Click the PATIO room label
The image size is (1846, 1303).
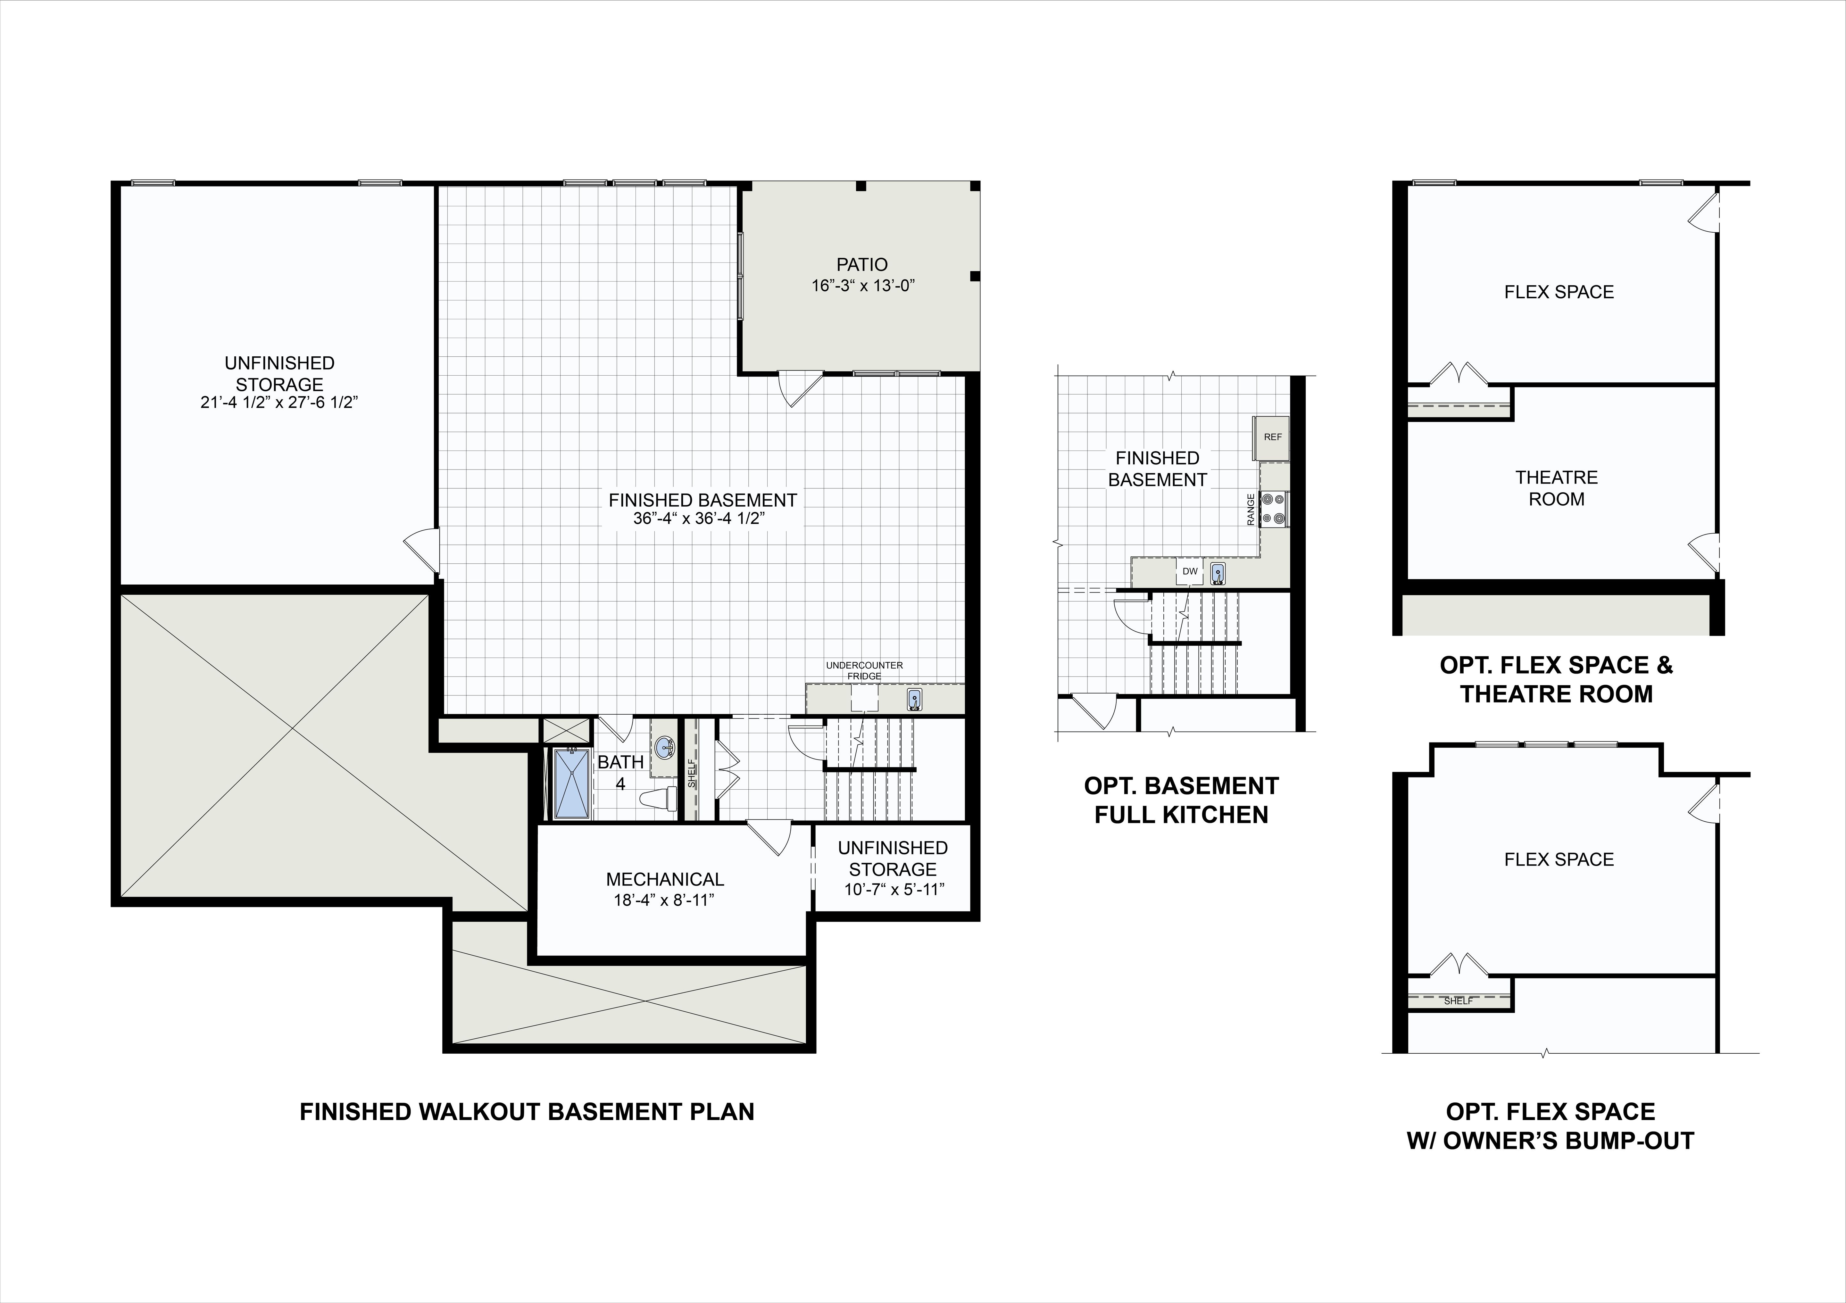click(x=862, y=264)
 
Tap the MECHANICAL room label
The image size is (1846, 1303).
click(x=665, y=879)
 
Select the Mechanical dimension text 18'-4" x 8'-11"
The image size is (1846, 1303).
click(x=664, y=900)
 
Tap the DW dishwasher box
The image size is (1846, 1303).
click(x=1190, y=571)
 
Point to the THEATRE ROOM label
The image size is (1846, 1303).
click(x=1557, y=488)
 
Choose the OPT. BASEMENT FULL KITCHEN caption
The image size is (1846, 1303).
click(x=1181, y=800)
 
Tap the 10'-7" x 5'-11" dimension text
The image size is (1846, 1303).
click(x=893, y=890)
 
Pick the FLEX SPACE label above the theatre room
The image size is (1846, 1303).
click(x=1559, y=292)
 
